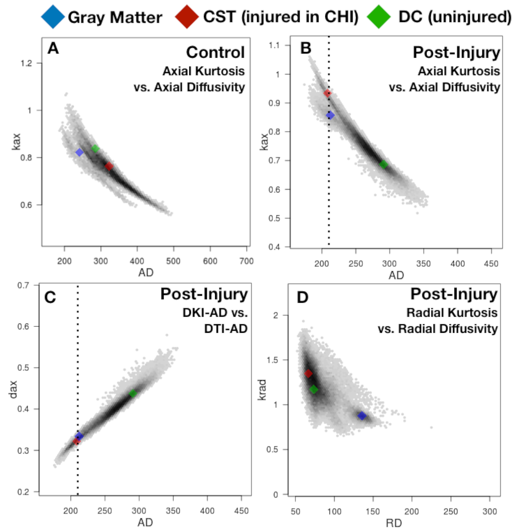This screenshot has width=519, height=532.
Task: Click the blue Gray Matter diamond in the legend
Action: click(x=53, y=16)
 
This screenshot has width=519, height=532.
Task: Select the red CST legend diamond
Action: click(x=187, y=16)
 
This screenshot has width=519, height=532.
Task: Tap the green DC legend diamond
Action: click(x=379, y=16)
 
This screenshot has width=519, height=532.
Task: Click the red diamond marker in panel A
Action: click(x=109, y=166)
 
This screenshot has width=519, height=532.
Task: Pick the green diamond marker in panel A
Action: click(x=95, y=149)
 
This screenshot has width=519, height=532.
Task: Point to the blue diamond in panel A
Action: click(x=80, y=152)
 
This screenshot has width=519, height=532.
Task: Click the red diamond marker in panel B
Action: click(x=327, y=93)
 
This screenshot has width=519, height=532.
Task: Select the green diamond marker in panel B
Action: click(x=384, y=164)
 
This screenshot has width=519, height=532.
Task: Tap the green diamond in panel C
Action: click(x=133, y=393)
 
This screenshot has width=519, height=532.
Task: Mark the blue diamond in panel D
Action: click(x=362, y=416)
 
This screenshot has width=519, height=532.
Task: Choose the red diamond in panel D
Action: click(x=308, y=374)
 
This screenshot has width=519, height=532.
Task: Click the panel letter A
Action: click(x=53, y=48)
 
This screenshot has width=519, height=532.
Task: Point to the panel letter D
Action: click(x=303, y=297)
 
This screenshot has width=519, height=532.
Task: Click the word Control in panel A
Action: click(x=215, y=52)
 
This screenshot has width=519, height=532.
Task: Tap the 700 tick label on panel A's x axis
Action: click(x=247, y=261)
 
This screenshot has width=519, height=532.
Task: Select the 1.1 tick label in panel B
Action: click(x=274, y=45)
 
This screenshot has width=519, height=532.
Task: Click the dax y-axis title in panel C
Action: click(x=13, y=389)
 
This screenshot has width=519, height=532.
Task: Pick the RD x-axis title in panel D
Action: click(x=394, y=523)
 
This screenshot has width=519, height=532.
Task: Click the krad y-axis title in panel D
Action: click(x=262, y=390)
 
